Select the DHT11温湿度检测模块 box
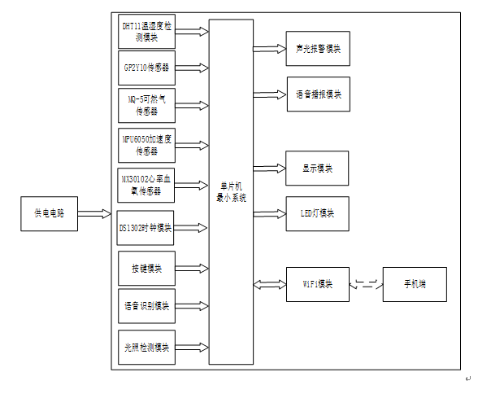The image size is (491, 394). (146, 32)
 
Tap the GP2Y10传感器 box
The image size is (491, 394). (146, 67)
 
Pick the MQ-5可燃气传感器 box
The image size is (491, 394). (146, 105)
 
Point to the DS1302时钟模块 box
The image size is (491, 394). (146, 228)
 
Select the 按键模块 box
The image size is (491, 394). (146, 268)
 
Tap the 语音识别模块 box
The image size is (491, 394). (146, 306)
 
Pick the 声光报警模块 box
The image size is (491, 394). (318, 49)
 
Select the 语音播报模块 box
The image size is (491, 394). (318, 94)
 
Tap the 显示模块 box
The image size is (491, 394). (317, 168)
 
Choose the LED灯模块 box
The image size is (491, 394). (317, 213)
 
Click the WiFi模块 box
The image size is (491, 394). (317, 284)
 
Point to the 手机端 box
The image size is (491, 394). (415, 284)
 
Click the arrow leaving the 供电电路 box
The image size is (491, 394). (94, 214)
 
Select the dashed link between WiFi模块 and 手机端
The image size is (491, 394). (365, 284)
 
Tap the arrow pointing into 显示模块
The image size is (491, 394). (269, 168)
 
